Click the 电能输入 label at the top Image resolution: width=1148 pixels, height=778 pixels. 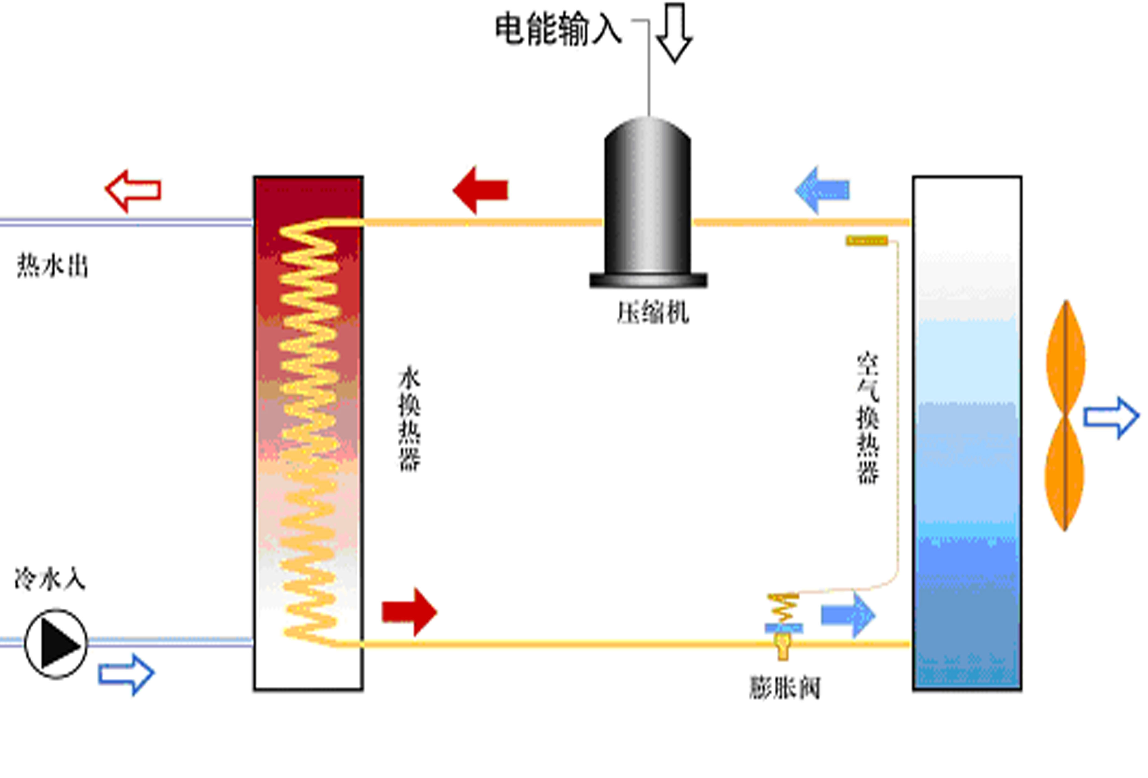point(558,31)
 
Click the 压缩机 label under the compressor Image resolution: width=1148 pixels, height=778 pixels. point(653,313)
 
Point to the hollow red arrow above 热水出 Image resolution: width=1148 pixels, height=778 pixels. point(133,190)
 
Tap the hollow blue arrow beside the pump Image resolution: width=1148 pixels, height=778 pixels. point(126,674)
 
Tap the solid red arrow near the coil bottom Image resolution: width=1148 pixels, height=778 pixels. point(409,612)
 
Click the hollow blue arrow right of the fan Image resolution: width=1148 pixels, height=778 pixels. point(1111,418)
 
